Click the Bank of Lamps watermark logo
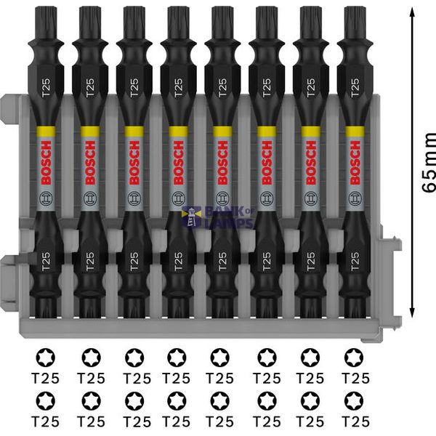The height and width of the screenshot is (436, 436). [x=218, y=217]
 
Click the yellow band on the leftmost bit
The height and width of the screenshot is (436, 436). [x=46, y=131]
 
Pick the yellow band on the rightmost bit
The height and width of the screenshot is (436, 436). [x=355, y=131]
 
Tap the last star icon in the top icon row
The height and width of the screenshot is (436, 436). [x=355, y=357]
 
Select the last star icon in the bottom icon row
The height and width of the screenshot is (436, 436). [x=355, y=400]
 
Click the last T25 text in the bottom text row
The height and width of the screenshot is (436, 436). [x=355, y=421]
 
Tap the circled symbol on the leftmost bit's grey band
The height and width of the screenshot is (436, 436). [x=46, y=197]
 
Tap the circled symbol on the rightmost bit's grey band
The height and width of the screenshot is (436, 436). [x=355, y=197]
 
